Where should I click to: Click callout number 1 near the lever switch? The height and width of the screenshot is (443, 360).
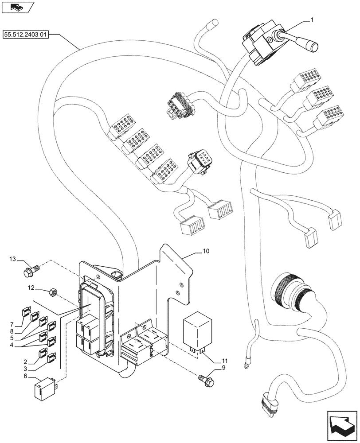(x=312, y=20)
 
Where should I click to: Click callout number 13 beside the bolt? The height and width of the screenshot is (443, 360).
(x=12, y=259)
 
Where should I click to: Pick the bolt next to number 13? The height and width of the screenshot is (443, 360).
(x=31, y=267)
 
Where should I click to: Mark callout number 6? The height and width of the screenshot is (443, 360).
(x=25, y=376)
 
